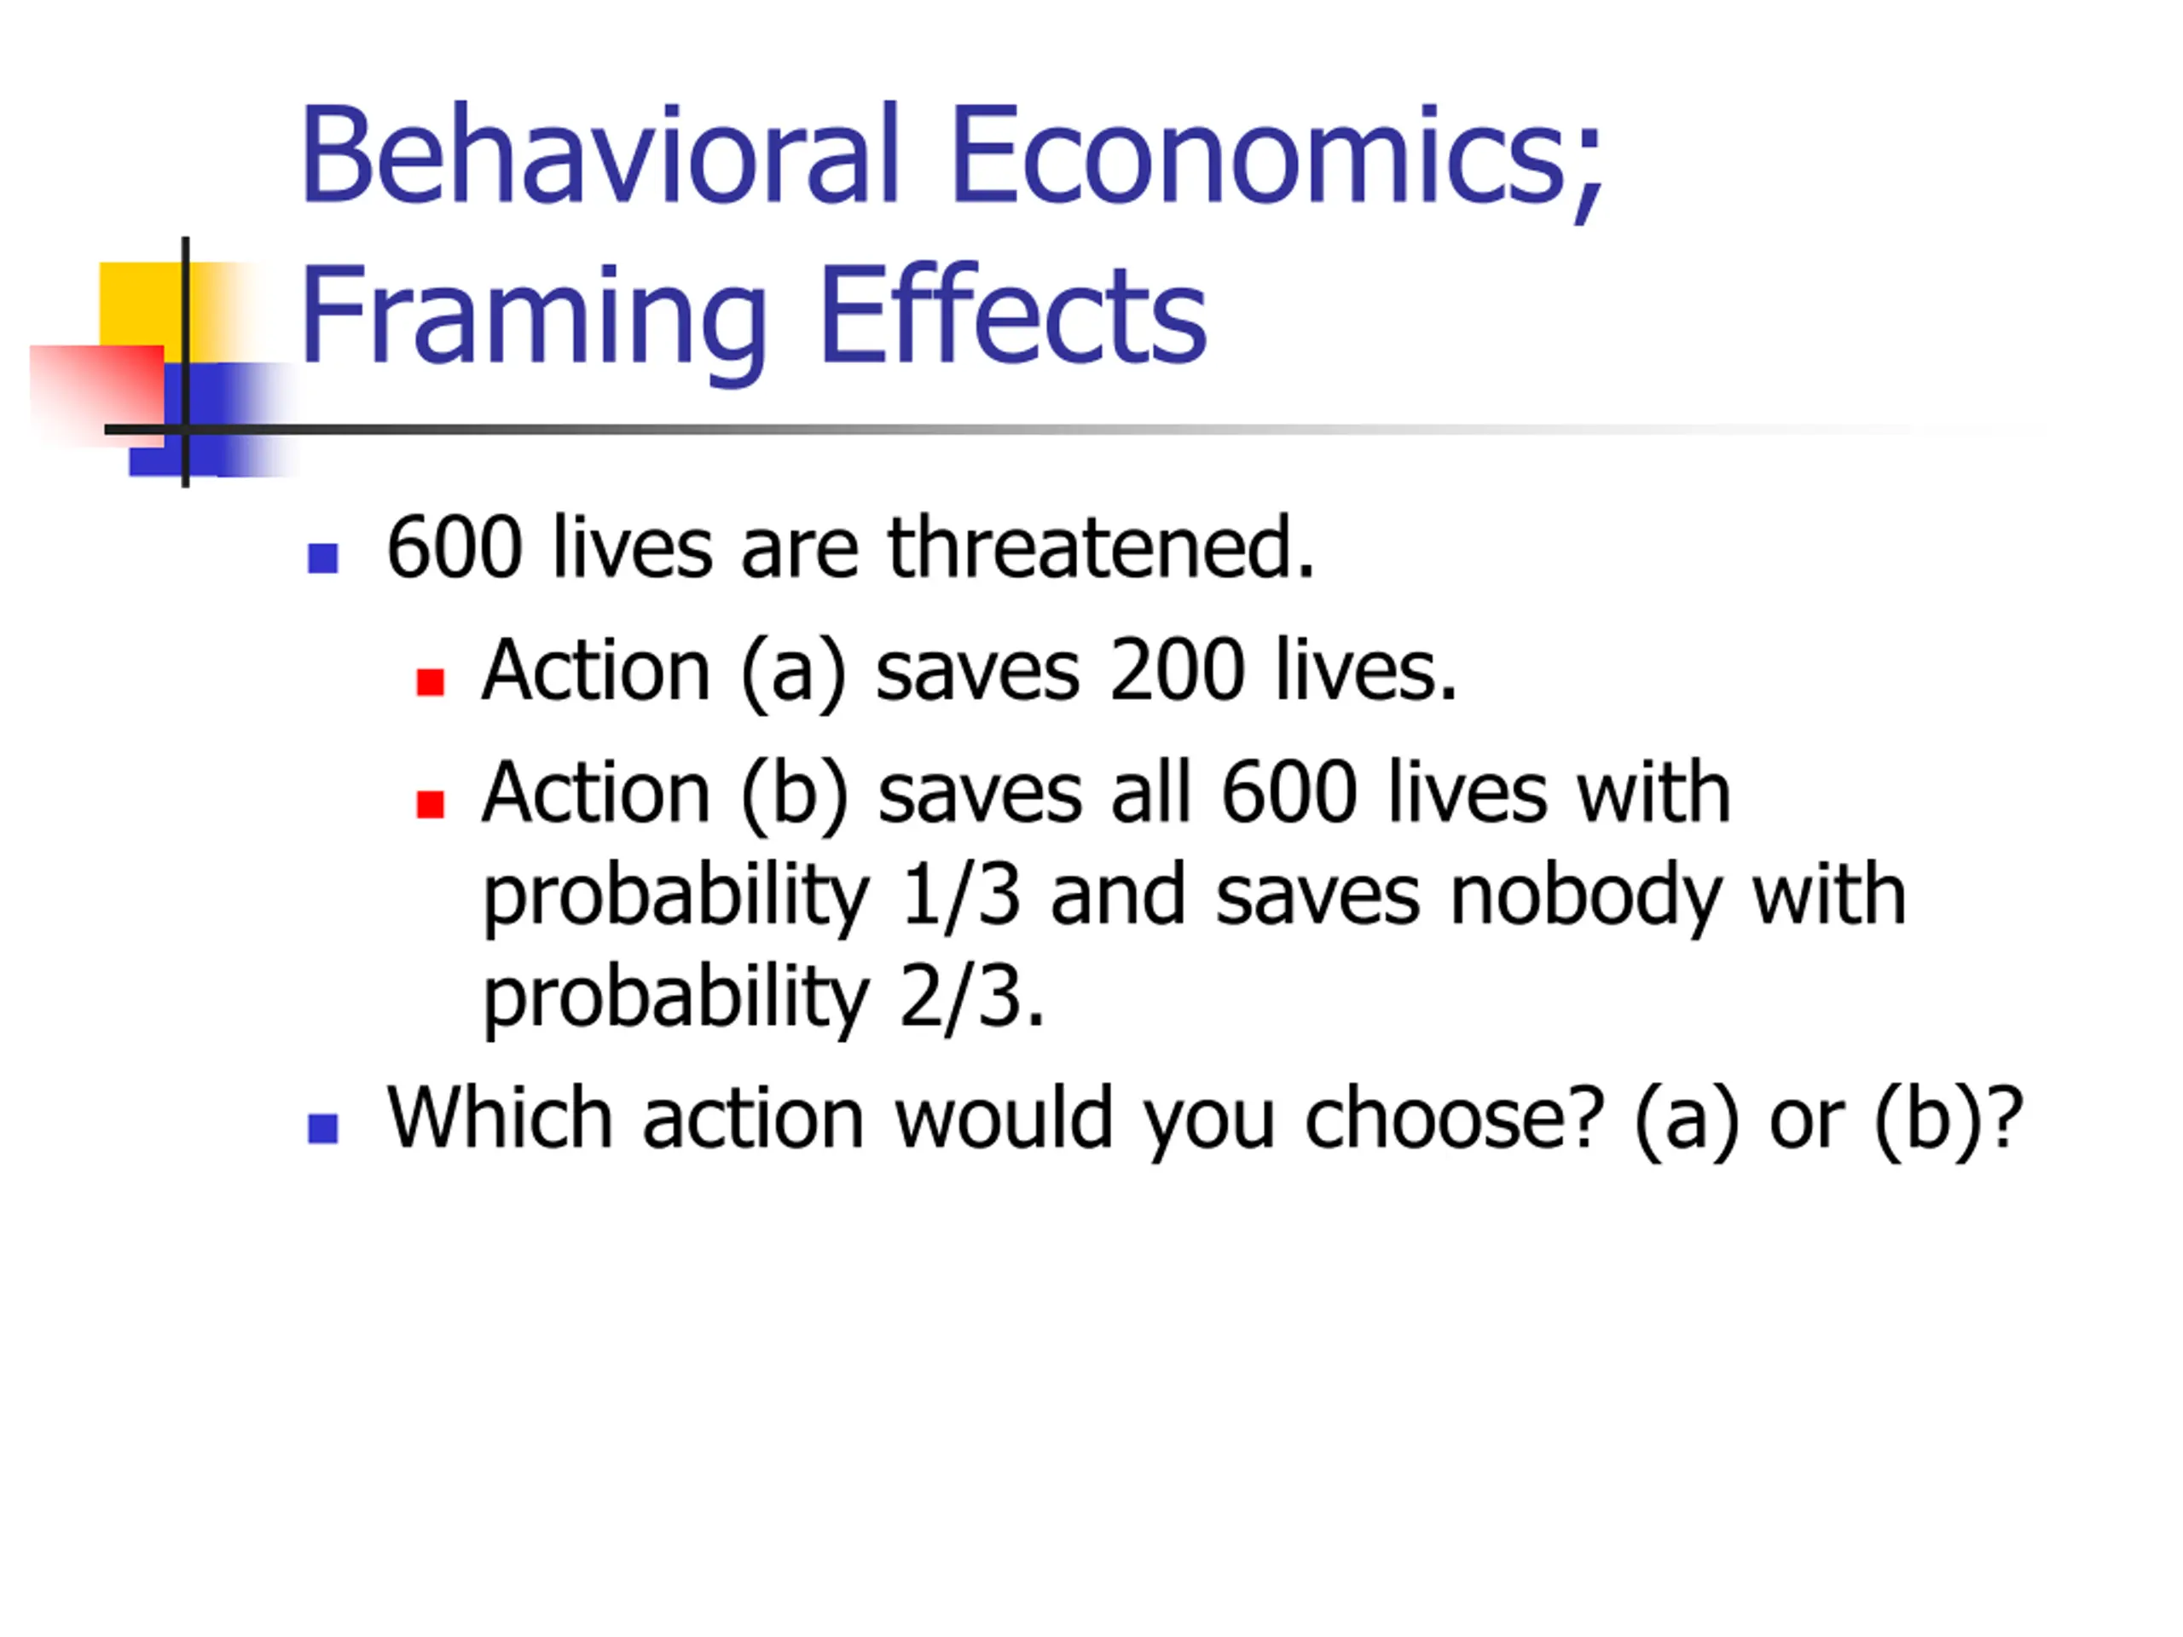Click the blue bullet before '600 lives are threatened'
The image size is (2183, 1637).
(x=322, y=558)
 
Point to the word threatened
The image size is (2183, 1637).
(x=1102, y=547)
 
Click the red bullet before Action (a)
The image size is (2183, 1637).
(x=431, y=682)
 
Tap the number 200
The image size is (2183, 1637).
(x=1177, y=671)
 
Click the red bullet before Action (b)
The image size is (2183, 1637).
(x=431, y=804)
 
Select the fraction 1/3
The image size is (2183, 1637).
(x=960, y=894)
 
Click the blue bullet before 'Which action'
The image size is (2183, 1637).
(x=322, y=1128)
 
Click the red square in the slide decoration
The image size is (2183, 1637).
(x=96, y=396)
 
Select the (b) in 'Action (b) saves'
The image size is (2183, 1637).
(x=796, y=795)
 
